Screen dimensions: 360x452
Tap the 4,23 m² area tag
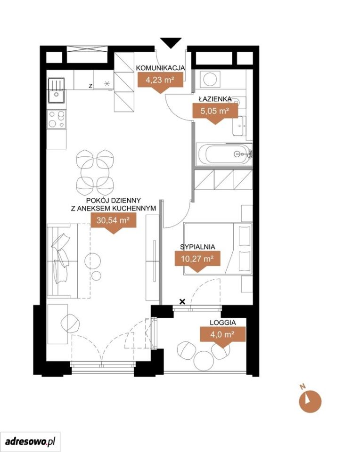click(x=160, y=82)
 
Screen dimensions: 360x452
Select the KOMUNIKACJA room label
click(x=160, y=68)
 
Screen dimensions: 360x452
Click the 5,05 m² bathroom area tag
click(x=215, y=113)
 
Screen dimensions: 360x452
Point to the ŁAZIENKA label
click(x=215, y=99)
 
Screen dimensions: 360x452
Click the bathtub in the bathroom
click(x=224, y=154)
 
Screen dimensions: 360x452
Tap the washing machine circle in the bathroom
click(x=210, y=79)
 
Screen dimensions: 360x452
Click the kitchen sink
click(x=57, y=90)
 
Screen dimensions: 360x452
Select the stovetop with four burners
click(x=57, y=119)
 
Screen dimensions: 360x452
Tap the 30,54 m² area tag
click(x=114, y=223)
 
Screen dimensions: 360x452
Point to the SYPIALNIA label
click(x=197, y=247)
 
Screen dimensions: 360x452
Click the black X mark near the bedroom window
click(x=182, y=302)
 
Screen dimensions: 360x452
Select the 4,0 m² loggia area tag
click(x=223, y=337)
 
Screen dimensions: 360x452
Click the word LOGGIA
click(x=223, y=323)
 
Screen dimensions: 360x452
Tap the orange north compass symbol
click(x=310, y=401)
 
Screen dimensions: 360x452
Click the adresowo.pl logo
click(x=30, y=441)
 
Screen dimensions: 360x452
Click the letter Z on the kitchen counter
click(x=90, y=86)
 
